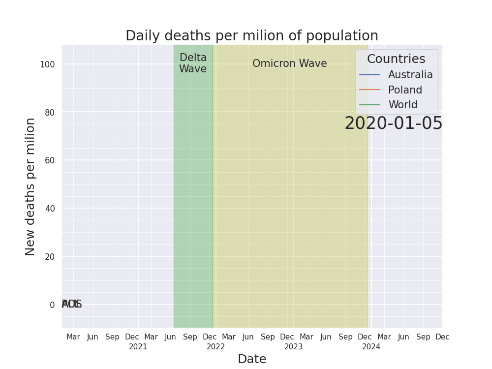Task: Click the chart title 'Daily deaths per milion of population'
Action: [251, 36]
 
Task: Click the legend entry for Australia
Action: [410, 75]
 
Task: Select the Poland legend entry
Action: [405, 91]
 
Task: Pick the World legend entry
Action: [402, 105]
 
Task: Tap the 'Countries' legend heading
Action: [396, 59]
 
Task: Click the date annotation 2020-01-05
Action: [393, 123]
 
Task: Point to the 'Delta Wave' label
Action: [193, 63]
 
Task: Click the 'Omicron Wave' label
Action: [289, 64]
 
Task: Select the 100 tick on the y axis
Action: [47, 64]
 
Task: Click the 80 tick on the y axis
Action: [49, 113]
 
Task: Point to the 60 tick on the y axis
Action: [49, 160]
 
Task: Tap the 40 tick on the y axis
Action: [49, 209]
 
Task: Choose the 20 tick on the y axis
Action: [49, 257]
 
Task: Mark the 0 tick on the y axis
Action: [52, 305]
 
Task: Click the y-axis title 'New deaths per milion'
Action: [31, 186]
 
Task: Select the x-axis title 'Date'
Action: [251, 359]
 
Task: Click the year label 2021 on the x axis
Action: [138, 347]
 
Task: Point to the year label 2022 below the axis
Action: [216, 347]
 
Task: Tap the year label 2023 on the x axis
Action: [294, 347]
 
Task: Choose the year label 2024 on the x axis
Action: [371, 347]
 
